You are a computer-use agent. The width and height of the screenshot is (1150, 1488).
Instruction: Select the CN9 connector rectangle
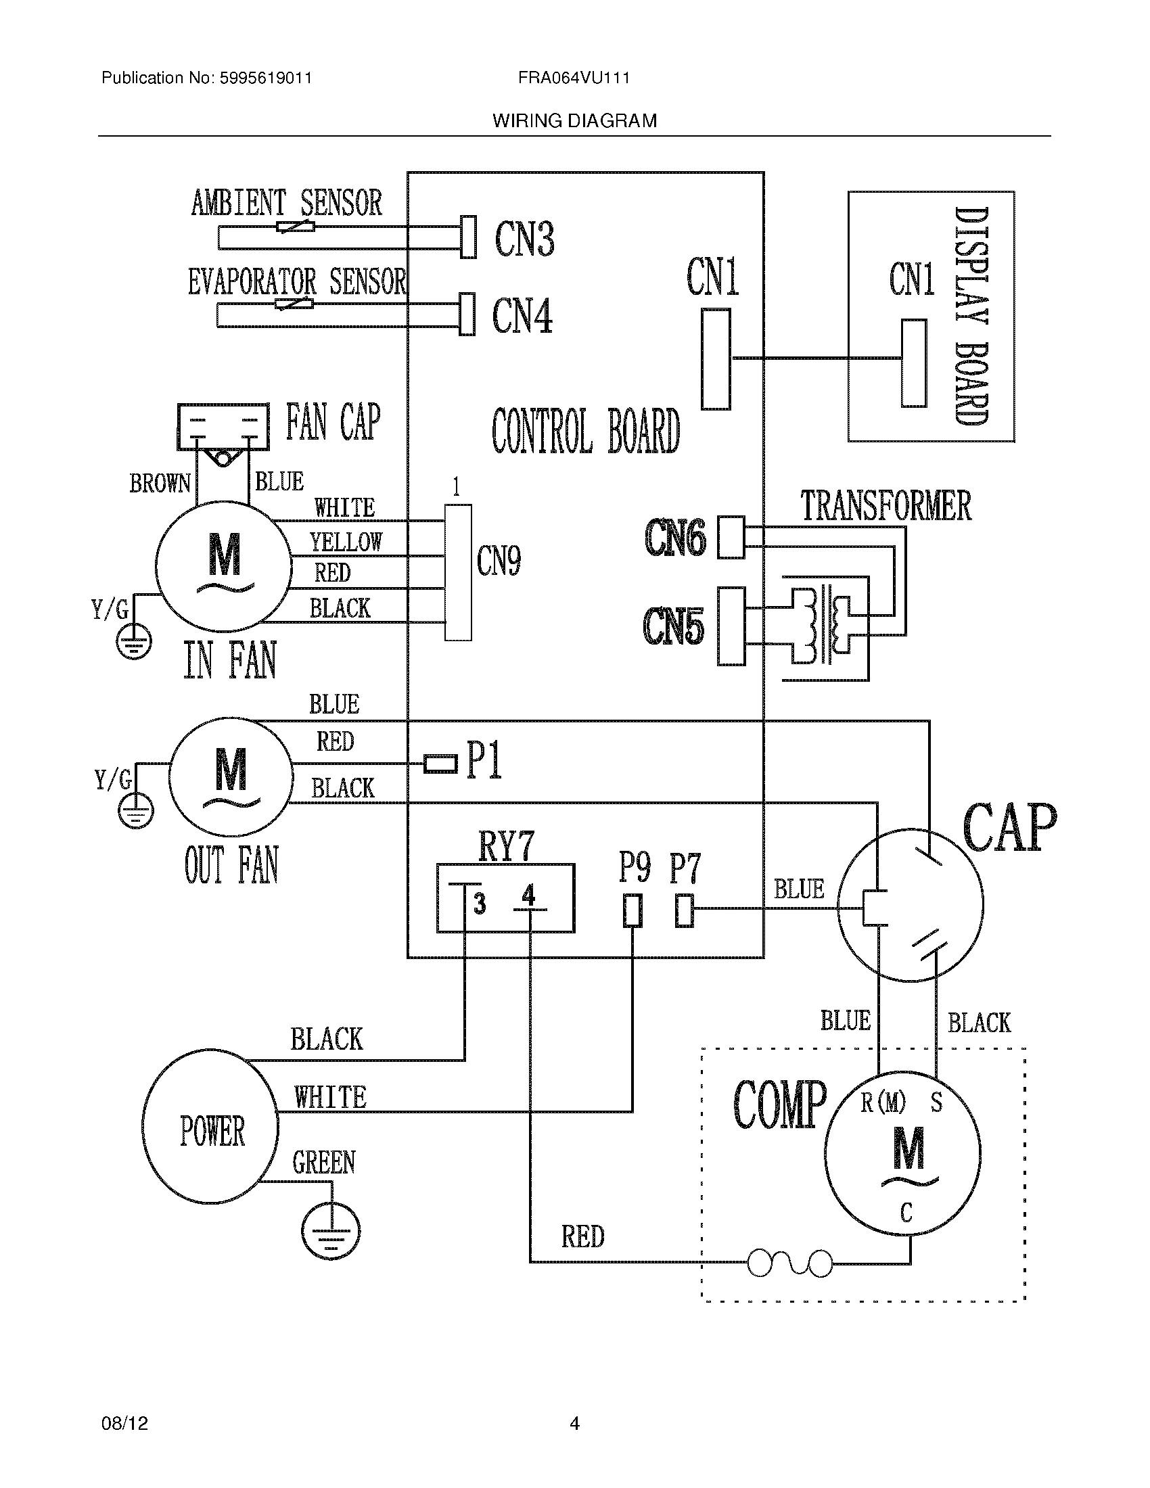click(458, 572)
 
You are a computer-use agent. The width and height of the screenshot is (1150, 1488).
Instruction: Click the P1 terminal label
click(484, 760)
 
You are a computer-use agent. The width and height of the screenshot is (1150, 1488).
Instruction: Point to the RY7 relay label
click(505, 846)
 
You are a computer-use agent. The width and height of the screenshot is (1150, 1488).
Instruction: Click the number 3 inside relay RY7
click(480, 904)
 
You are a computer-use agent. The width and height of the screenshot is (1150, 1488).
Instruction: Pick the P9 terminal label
click(635, 868)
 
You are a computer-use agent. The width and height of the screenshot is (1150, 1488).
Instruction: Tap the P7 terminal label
click(685, 868)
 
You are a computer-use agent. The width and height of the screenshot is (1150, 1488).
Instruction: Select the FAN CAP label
click(332, 422)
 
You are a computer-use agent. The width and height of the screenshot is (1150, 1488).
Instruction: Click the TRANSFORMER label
click(885, 506)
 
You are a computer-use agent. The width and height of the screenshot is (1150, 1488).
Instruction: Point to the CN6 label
click(675, 537)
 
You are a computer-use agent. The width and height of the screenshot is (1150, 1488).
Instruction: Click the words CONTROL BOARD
click(585, 431)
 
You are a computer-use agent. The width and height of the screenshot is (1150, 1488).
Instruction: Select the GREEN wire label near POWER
click(323, 1162)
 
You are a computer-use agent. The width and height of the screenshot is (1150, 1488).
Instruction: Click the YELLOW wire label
click(346, 542)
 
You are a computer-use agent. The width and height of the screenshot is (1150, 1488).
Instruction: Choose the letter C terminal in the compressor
click(905, 1213)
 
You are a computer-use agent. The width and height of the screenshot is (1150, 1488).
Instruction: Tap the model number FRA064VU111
click(574, 78)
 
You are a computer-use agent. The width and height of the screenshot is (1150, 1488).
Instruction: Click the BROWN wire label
click(160, 483)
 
